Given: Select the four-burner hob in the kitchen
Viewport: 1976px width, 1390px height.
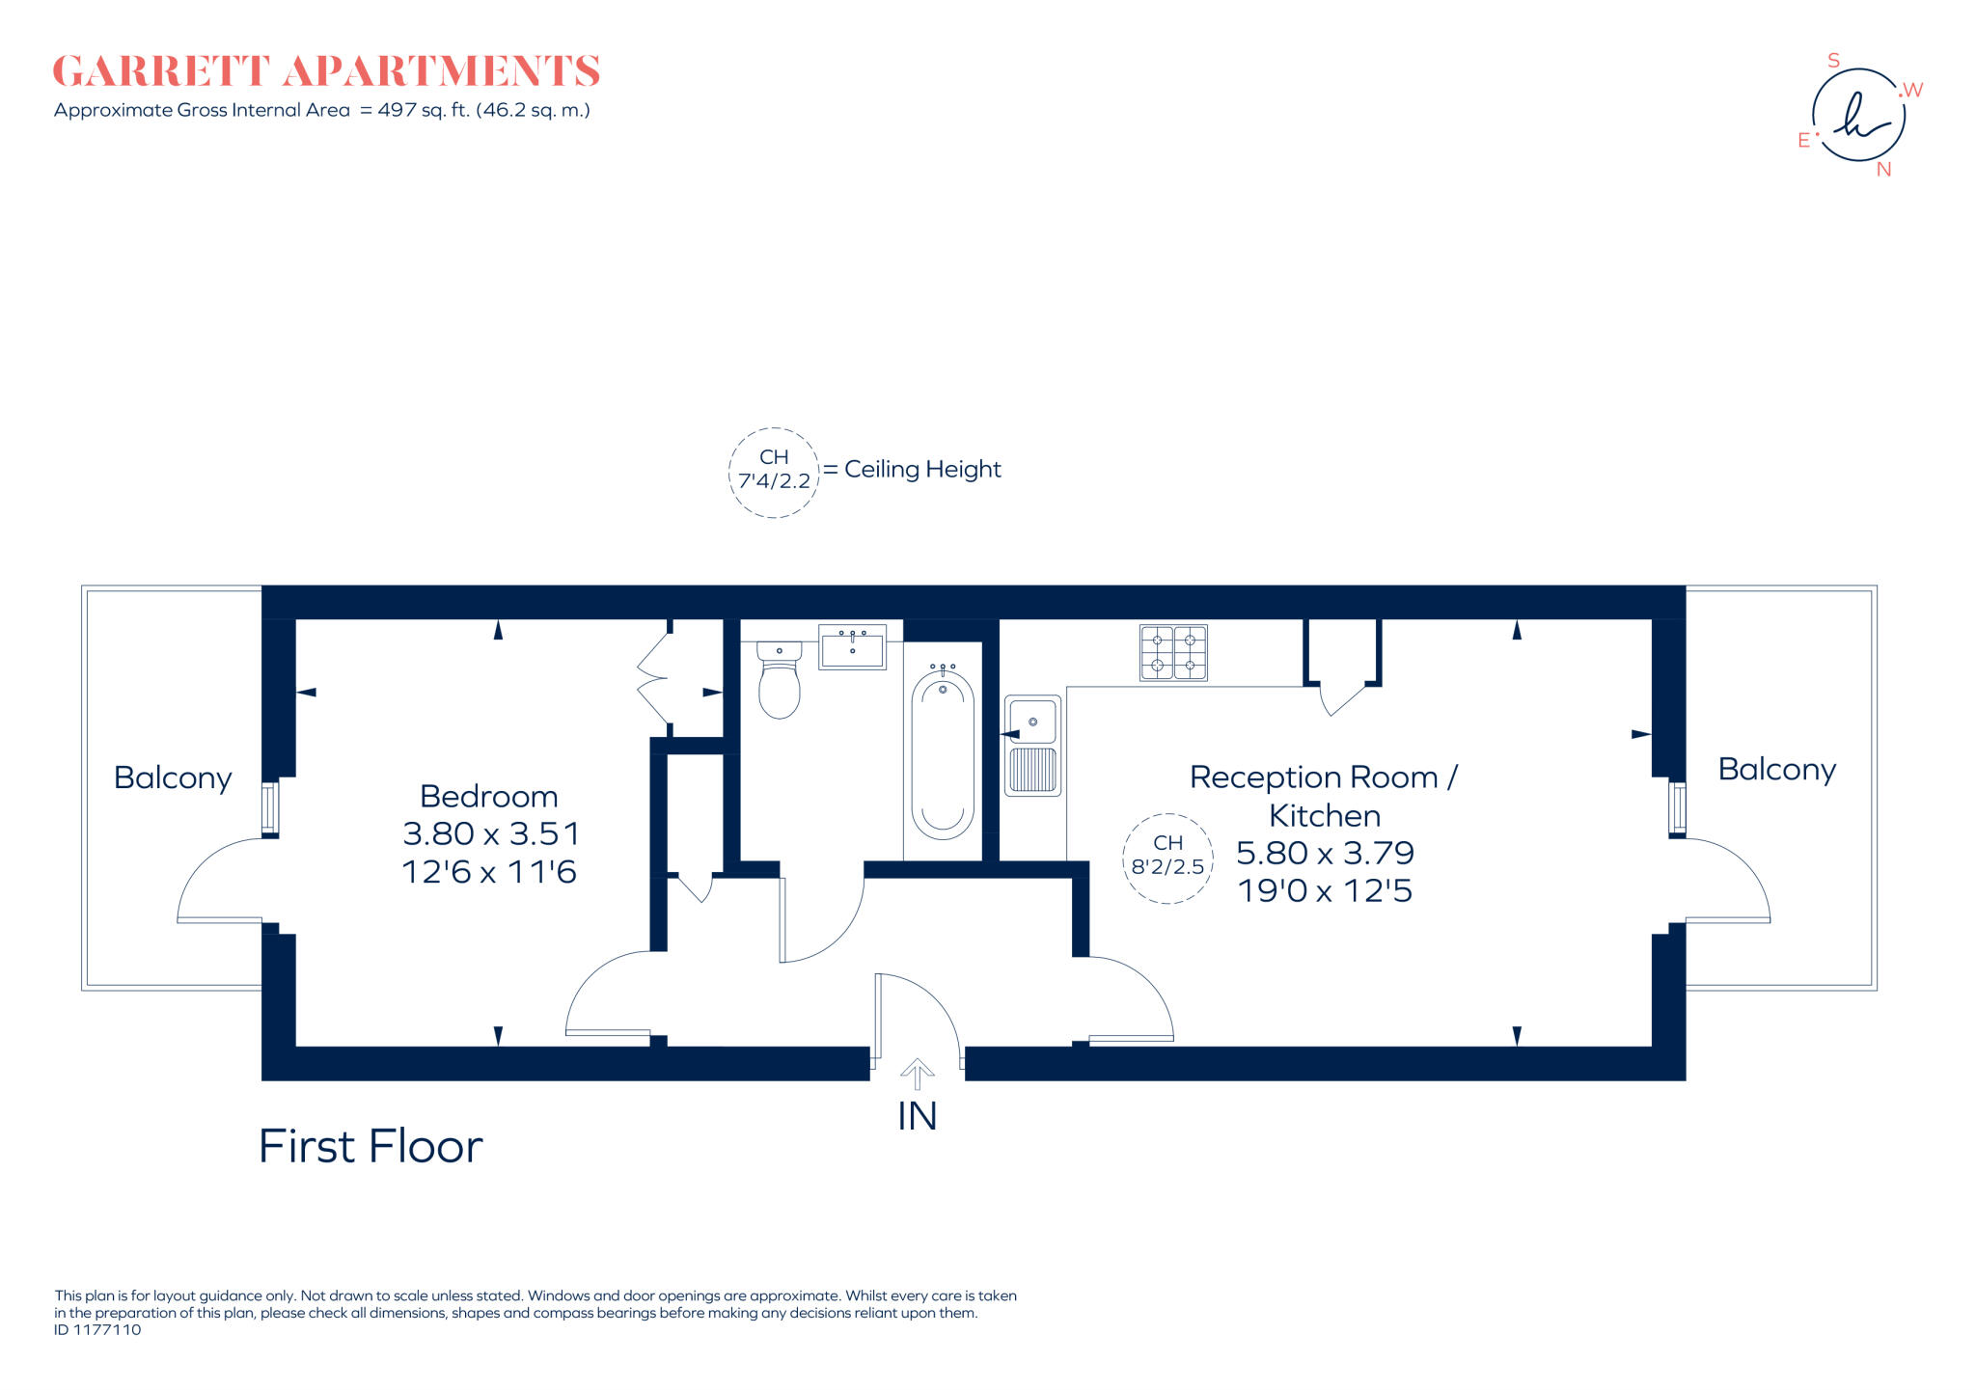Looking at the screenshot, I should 1173,653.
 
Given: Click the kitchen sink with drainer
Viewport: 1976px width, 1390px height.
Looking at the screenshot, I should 1032,745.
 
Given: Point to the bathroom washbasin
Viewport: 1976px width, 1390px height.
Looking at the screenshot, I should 852,647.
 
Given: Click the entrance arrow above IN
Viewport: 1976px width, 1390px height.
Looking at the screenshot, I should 917,1074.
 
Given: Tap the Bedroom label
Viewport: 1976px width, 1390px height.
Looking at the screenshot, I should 488,797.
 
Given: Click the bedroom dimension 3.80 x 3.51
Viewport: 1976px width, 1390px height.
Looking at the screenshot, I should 490,834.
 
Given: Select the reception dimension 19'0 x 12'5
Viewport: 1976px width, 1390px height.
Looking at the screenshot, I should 1325,890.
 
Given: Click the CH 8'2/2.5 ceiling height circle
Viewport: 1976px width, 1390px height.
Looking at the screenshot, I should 1167,858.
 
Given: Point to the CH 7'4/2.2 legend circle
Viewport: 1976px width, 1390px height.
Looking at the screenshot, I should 774,472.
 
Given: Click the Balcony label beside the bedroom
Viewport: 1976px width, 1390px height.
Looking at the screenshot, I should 173,778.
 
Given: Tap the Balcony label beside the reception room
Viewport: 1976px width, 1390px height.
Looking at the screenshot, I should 1776,770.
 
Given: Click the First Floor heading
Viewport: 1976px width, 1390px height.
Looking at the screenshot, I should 370,1147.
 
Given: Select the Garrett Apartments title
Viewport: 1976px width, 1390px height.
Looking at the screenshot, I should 326,71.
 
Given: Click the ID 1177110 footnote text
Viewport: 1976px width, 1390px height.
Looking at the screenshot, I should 97,1330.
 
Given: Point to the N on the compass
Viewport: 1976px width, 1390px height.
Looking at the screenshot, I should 1883,170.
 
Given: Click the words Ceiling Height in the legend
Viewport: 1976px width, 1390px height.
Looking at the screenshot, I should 922,470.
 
